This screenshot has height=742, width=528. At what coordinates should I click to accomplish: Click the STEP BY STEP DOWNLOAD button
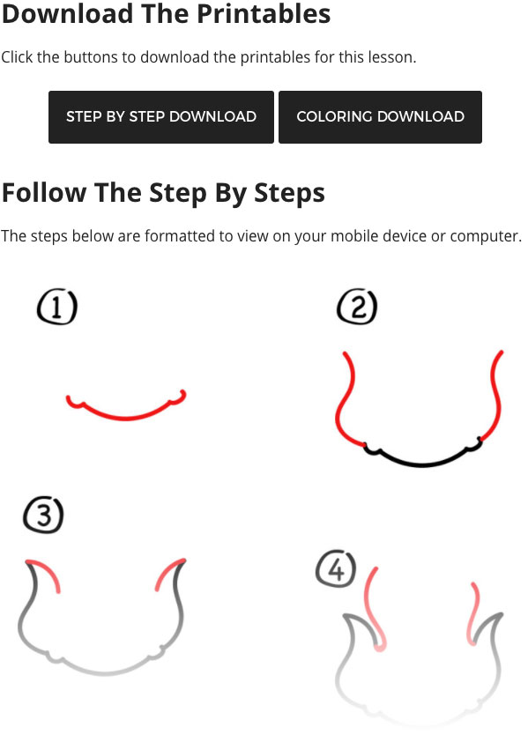point(161,117)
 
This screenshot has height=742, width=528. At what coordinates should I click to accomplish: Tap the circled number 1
point(57,308)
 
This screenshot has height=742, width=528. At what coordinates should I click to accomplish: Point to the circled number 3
point(43,515)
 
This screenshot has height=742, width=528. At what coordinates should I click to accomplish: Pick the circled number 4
point(336,568)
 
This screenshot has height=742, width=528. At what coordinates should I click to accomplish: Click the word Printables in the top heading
point(264,13)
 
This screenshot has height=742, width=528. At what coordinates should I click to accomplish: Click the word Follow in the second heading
point(44,193)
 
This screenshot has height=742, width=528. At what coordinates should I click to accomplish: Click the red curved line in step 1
point(126,418)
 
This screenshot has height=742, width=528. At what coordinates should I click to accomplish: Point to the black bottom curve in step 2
point(421,464)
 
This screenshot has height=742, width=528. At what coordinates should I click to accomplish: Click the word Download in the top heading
point(67,13)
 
